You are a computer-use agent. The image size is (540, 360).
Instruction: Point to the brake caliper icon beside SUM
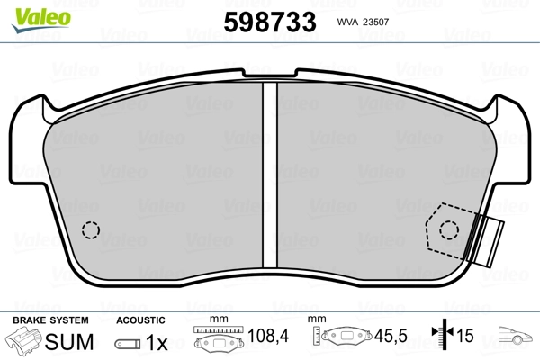pos(25,342)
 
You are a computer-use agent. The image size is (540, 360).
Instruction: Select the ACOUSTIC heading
pos(141,320)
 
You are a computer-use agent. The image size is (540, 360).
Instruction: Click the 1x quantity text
pos(157,343)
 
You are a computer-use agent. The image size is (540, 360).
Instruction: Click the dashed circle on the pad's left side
pos(90,229)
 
